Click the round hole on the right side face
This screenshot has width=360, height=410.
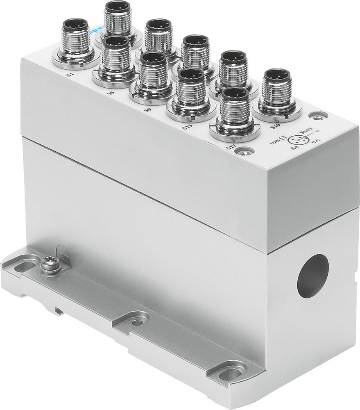pyautogui.click(x=313, y=276)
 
